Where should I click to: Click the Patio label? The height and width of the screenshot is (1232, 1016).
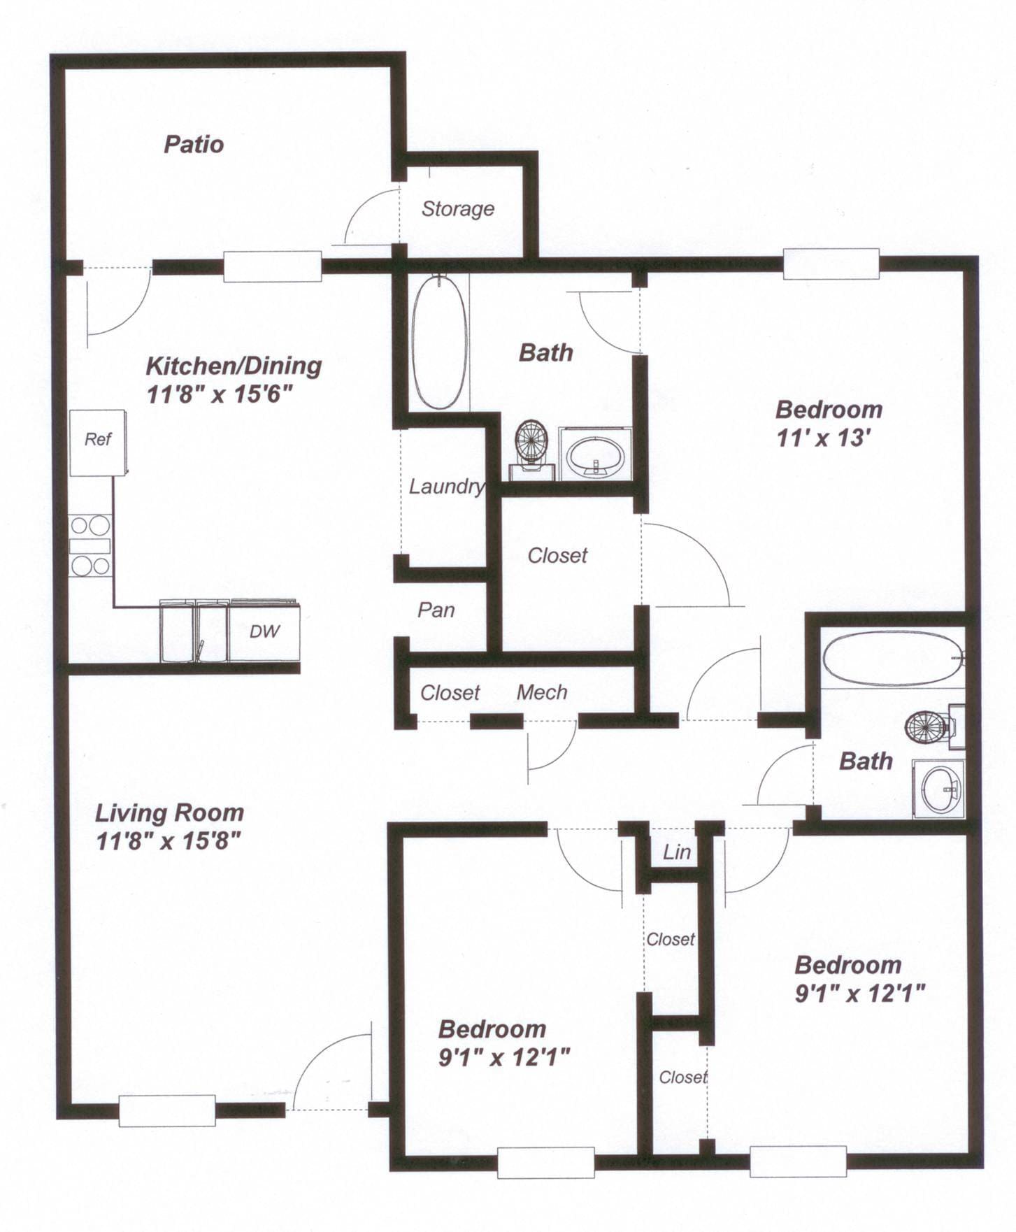(x=194, y=144)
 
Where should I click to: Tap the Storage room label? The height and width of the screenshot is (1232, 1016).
(x=457, y=208)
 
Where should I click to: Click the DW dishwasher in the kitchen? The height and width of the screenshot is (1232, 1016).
(x=264, y=631)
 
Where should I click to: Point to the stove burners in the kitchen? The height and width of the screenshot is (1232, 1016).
(x=90, y=545)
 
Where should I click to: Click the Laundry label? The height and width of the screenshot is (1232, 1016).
(x=446, y=486)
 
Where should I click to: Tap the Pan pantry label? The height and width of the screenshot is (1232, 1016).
(x=436, y=610)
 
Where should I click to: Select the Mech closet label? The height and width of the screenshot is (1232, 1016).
(x=541, y=692)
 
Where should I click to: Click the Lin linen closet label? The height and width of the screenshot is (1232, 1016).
(x=676, y=852)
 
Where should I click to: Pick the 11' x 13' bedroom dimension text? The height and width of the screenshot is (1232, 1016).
(x=823, y=438)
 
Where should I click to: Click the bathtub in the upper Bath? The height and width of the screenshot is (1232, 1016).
(x=439, y=343)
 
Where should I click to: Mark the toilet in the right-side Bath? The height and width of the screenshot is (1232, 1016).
(x=930, y=727)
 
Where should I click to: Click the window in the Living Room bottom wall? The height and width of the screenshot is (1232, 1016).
(x=166, y=1110)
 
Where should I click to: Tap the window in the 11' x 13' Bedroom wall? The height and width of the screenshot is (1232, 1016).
(x=831, y=264)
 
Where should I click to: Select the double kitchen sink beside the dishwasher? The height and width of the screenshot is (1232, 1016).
(x=194, y=631)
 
